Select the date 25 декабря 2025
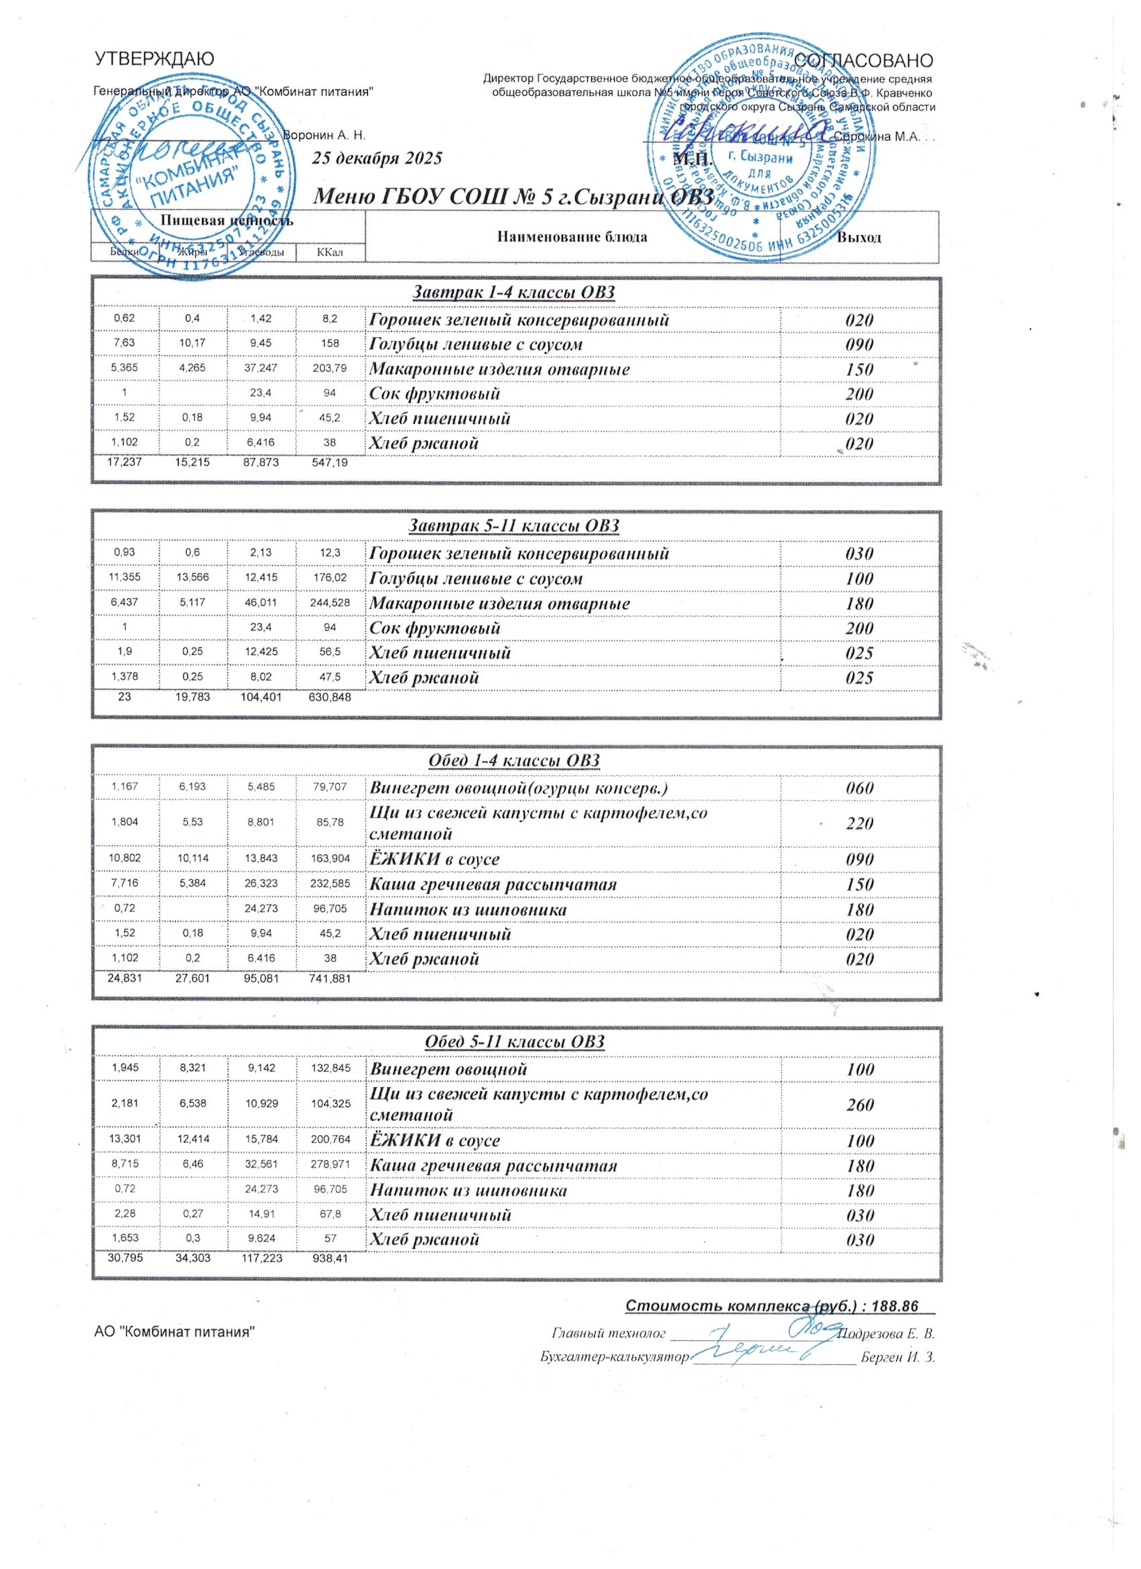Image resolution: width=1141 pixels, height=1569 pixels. point(377,158)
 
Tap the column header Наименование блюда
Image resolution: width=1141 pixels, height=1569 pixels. point(572,238)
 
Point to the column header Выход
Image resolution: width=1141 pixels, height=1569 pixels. point(859,238)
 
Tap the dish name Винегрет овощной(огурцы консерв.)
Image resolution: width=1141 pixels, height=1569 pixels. point(519,787)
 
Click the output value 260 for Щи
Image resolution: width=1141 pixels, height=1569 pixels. point(858,1105)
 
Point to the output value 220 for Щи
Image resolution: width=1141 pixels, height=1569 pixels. point(858,823)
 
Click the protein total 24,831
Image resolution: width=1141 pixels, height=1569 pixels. point(126,979)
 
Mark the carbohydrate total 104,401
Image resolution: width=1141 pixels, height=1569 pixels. point(262,697)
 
